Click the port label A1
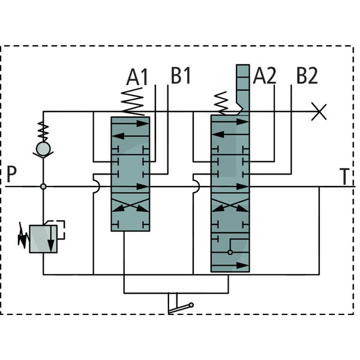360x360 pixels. tap(137, 77)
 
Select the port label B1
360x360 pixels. tap(181, 76)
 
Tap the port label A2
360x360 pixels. tap(265, 76)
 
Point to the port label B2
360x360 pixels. tap(307, 76)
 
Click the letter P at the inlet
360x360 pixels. tap(12, 174)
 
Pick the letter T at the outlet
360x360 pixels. tap(344, 176)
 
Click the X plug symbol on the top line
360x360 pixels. tap(319, 112)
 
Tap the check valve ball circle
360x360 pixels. tap(43, 149)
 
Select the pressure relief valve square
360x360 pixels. tap(43, 239)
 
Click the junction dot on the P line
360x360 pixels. tap(43, 187)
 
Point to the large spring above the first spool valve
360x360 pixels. tap(133, 102)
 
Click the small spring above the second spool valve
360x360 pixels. tap(221, 103)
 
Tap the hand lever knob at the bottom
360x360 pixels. tap(191, 305)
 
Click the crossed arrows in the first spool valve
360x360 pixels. tap(130, 205)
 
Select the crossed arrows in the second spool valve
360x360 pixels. tap(230, 205)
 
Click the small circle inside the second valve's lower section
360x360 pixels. tap(230, 253)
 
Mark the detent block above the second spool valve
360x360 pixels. tap(243, 89)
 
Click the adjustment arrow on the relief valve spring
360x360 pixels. tap(23, 235)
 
